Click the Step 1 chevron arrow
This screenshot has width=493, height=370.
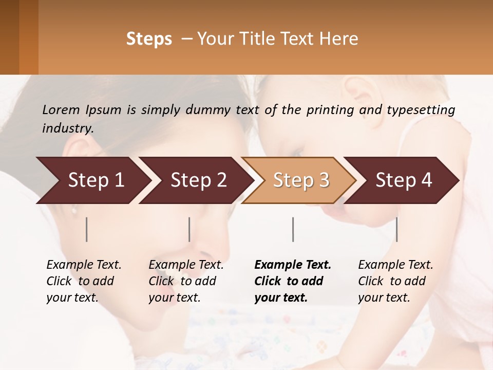click(92, 180)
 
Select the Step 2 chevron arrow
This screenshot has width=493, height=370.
click(195, 180)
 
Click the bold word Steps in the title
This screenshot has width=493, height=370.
click(149, 39)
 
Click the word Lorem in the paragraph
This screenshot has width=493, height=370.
click(61, 109)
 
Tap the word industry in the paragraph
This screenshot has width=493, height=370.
click(67, 128)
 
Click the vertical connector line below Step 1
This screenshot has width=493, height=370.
click(87, 229)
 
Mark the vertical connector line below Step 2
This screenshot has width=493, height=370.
click(189, 229)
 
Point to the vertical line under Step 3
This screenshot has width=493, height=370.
click(293, 229)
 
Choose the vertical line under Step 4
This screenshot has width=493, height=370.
click(397, 229)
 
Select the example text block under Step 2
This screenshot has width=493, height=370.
click(185, 281)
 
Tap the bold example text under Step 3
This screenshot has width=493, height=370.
click(292, 281)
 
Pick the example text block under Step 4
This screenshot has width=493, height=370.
click(394, 281)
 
